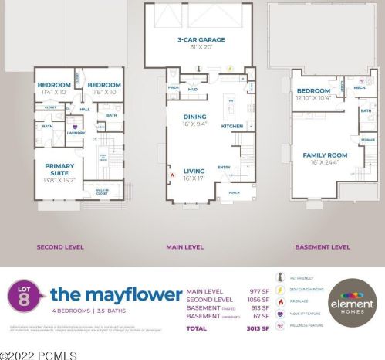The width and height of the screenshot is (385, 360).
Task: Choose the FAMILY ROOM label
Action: tap(325, 155)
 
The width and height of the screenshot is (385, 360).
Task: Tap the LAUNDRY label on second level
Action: tap(76, 132)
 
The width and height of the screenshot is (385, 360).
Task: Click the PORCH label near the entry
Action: tap(234, 193)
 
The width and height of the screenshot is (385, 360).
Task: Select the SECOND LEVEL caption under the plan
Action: tap(59, 247)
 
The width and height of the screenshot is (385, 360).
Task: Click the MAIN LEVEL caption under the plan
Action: tap(185, 247)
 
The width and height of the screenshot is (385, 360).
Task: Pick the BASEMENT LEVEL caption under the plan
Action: tap(323, 247)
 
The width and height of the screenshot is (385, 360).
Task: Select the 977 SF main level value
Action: tap(260, 290)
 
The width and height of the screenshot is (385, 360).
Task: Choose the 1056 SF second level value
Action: tap(258, 300)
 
